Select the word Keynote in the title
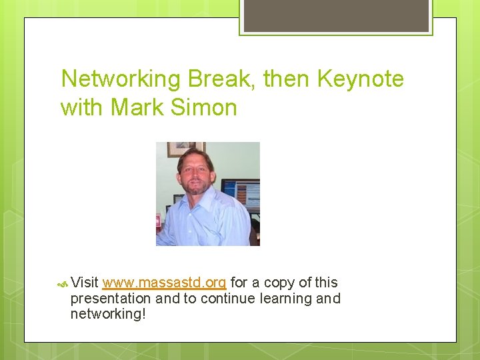361,79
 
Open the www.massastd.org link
165,283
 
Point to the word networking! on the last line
107,314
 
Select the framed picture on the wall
185,148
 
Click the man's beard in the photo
195,187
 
